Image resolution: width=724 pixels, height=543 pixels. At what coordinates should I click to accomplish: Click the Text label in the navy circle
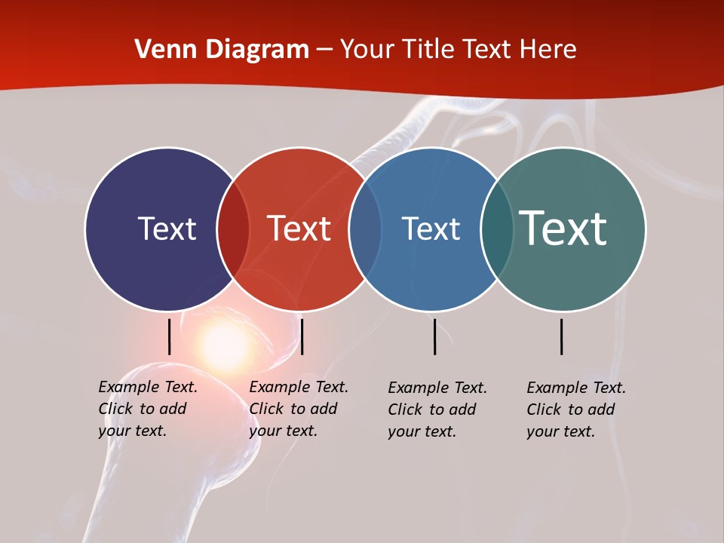167,229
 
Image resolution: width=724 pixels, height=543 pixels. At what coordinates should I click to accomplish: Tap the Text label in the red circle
299,229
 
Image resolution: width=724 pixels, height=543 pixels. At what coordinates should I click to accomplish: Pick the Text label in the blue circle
431,229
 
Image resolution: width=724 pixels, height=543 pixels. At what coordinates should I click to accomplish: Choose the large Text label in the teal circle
563,229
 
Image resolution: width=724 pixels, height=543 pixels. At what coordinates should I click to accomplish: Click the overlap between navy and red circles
233,229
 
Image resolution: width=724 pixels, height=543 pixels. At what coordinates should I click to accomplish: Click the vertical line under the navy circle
170,336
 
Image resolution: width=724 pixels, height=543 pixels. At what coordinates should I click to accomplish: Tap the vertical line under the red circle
302,336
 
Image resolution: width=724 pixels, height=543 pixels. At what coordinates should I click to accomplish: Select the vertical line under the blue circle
435,336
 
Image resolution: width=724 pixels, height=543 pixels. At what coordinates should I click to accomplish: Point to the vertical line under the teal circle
562,336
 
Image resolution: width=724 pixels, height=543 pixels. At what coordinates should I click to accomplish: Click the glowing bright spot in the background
224,344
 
